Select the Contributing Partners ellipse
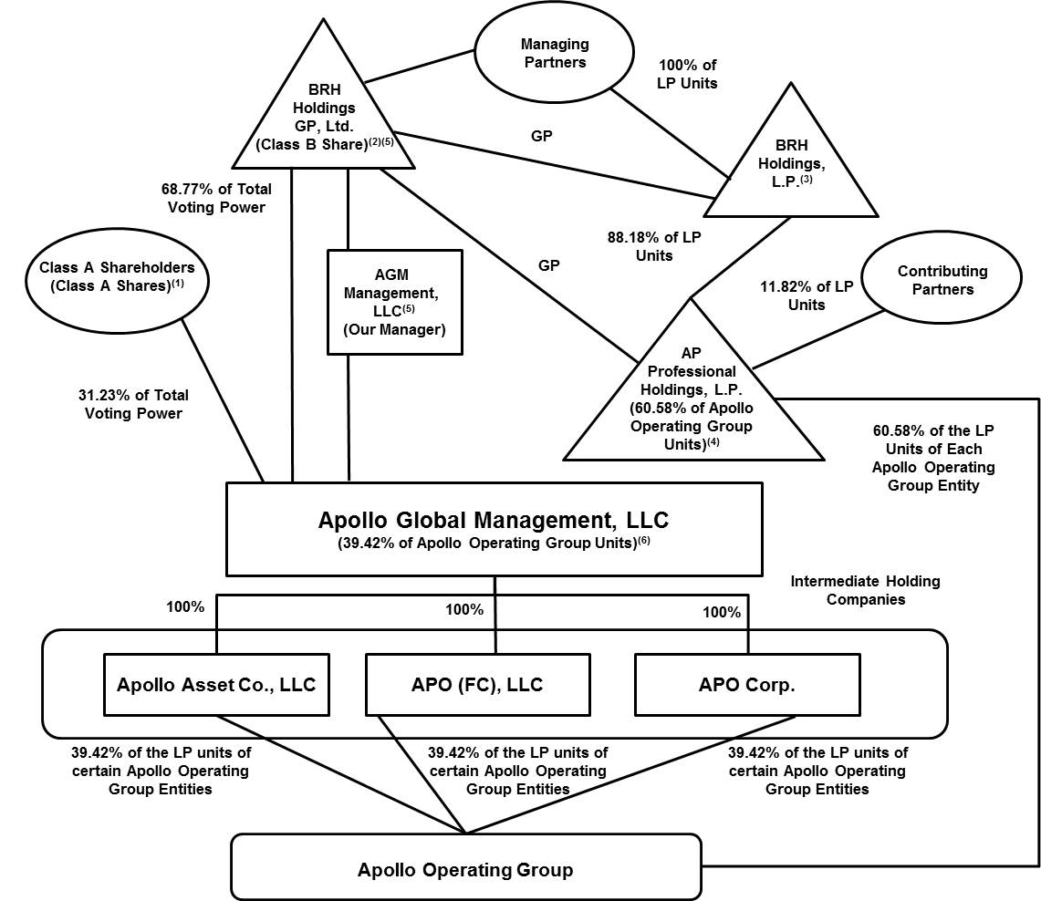tap(942, 281)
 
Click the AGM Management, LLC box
tap(394, 302)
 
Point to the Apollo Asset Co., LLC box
tap(216, 684)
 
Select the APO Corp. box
tap(746, 684)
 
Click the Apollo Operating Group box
tap(465, 868)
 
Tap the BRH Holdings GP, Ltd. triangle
tap(324, 118)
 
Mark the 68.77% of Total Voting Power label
tap(215, 198)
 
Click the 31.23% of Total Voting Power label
tap(135, 404)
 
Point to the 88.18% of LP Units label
tap(654, 246)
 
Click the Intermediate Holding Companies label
tap(864, 590)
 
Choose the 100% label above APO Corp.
tap(722, 613)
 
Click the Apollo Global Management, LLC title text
tap(493, 521)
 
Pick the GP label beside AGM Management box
tap(548, 265)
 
